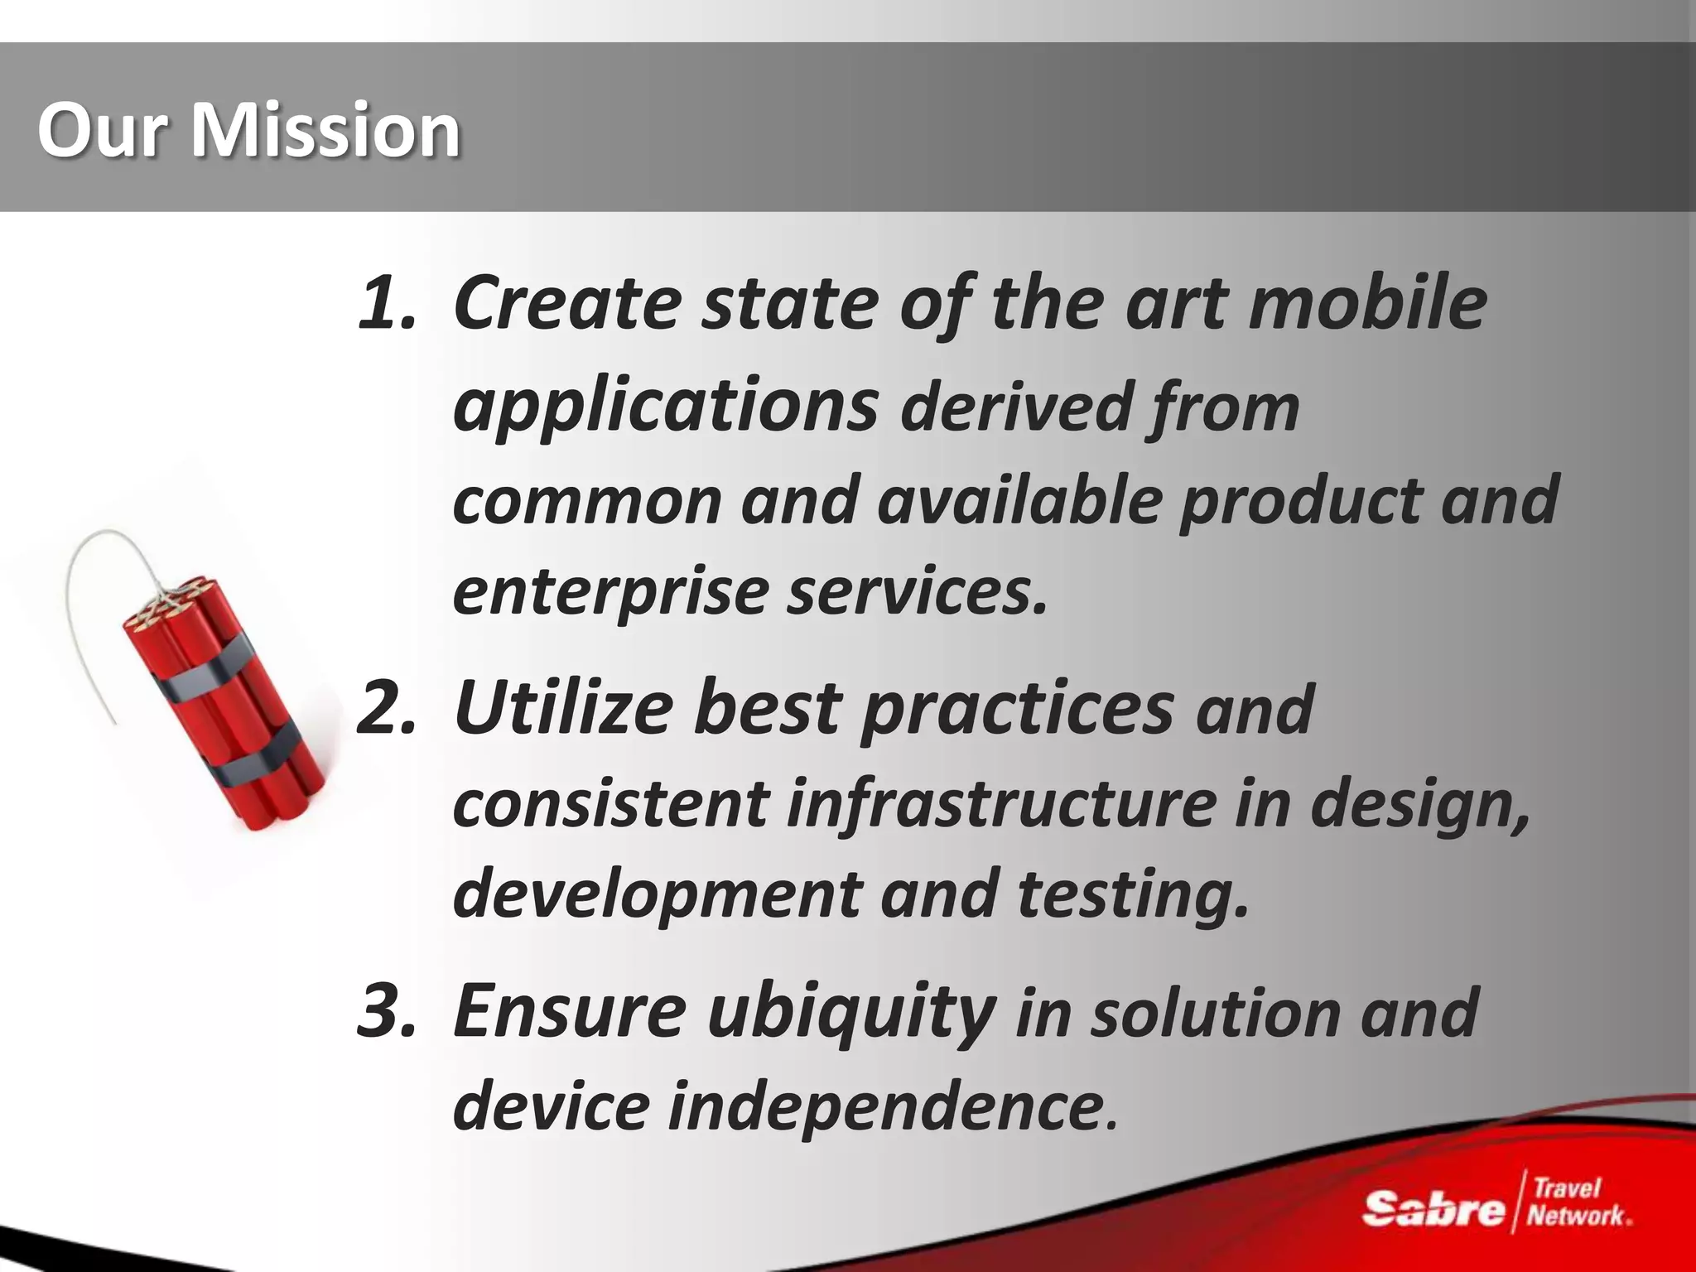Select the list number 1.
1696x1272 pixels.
click(x=385, y=302)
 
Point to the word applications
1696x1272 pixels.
click(x=665, y=406)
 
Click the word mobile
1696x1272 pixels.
click(x=1367, y=302)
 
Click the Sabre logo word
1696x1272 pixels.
click(x=1433, y=1209)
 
